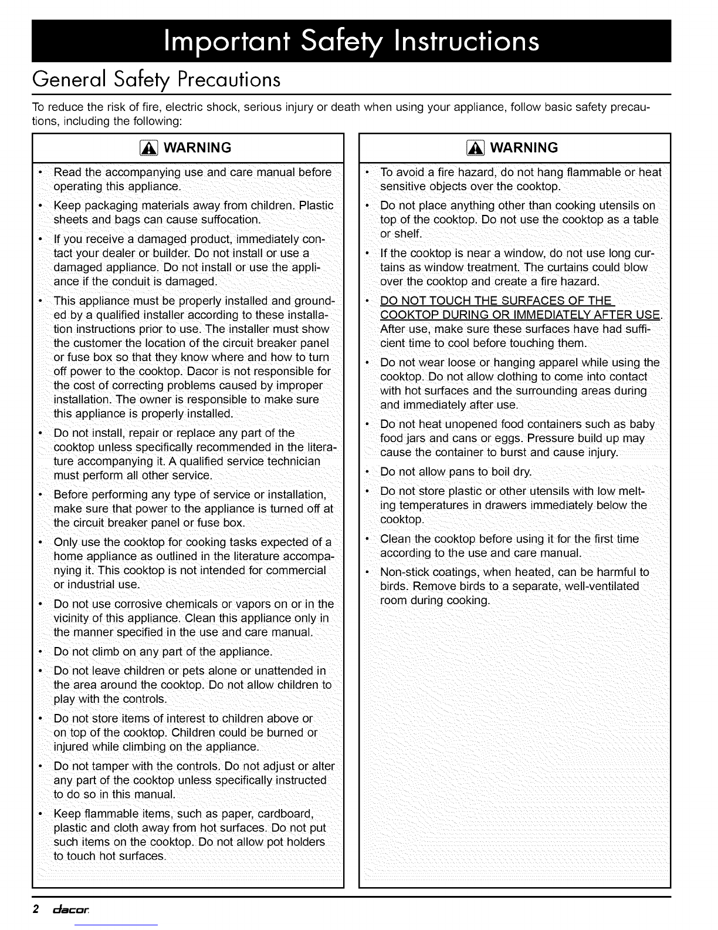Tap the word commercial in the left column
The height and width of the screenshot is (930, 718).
click(294, 571)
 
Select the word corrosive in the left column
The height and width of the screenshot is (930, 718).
click(137, 604)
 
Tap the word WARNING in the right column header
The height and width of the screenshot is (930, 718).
click(524, 148)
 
